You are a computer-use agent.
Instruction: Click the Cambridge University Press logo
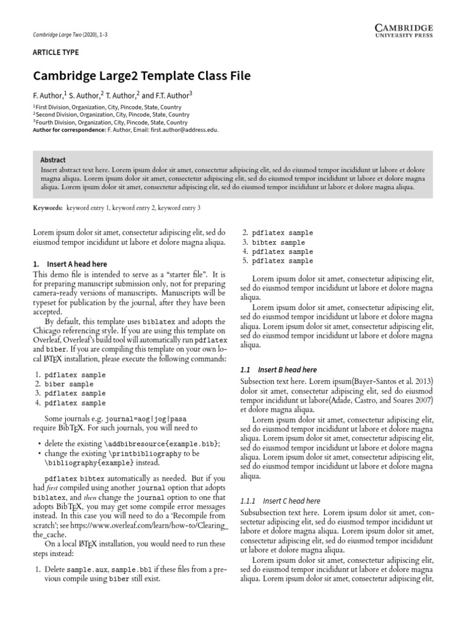point(403,31)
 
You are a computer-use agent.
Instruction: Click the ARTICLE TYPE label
point(56,53)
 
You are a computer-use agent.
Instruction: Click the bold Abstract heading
point(53,160)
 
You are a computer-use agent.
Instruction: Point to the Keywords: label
point(48,207)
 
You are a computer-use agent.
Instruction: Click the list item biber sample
point(69,384)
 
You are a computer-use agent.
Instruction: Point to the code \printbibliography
point(144,453)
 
